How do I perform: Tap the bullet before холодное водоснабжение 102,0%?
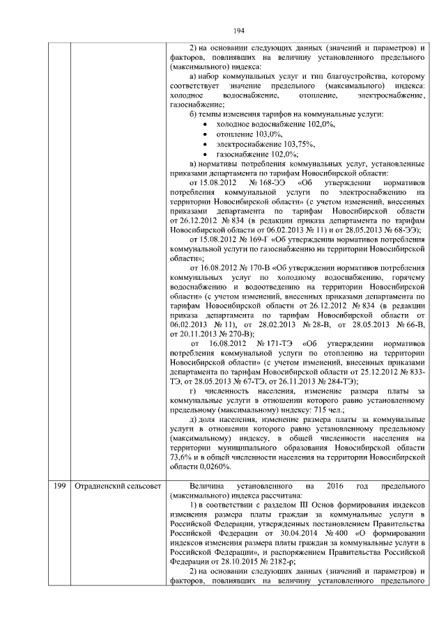203,124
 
